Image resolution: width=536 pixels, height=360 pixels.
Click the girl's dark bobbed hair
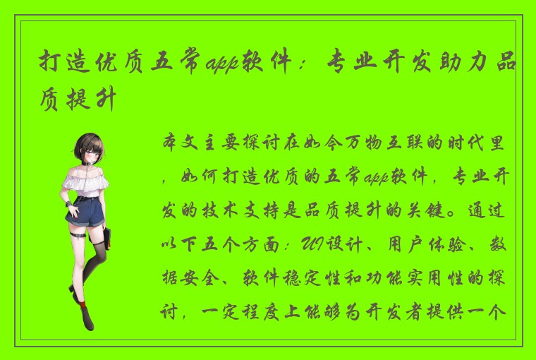(89, 141)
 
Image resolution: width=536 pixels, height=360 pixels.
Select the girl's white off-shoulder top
(85, 179)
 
